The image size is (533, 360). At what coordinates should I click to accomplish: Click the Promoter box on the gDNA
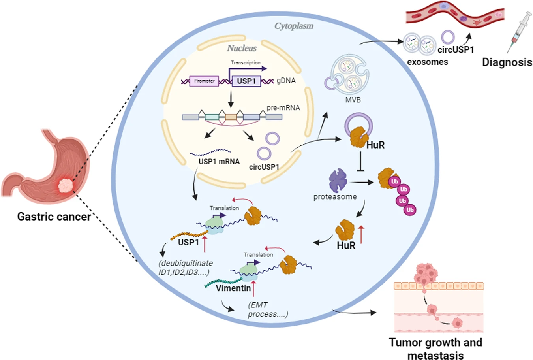pyautogui.click(x=204, y=81)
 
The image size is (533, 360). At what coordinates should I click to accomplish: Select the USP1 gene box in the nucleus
pyautogui.click(x=246, y=81)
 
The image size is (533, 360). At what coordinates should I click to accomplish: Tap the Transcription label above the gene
pyautogui.click(x=246, y=62)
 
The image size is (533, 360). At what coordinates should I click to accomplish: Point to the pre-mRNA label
pyautogui.click(x=283, y=107)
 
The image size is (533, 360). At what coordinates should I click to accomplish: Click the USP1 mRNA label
pyautogui.click(x=219, y=161)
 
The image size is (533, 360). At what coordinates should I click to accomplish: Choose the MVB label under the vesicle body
pyautogui.click(x=353, y=100)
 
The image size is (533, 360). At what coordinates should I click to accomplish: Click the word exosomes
pyautogui.click(x=428, y=62)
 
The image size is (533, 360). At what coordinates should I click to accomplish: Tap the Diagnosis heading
pyautogui.click(x=507, y=62)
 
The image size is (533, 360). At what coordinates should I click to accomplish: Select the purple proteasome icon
pyautogui.click(x=338, y=180)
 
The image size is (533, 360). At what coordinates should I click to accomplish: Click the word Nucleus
pyautogui.click(x=242, y=48)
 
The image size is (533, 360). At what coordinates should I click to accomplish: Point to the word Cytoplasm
pyautogui.click(x=294, y=26)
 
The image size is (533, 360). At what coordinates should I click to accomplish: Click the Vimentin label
pyautogui.click(x=233, y=288)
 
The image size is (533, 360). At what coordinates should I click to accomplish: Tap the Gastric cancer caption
pyautogui.click(x=54, y=216)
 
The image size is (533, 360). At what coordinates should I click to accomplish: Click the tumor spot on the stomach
pyautogui.click(x=65, y=185)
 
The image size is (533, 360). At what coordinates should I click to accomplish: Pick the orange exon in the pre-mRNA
pyautogui.click(x=231, y=117)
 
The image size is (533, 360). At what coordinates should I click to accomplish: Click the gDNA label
pyautogui.click(x=286, y=81)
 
